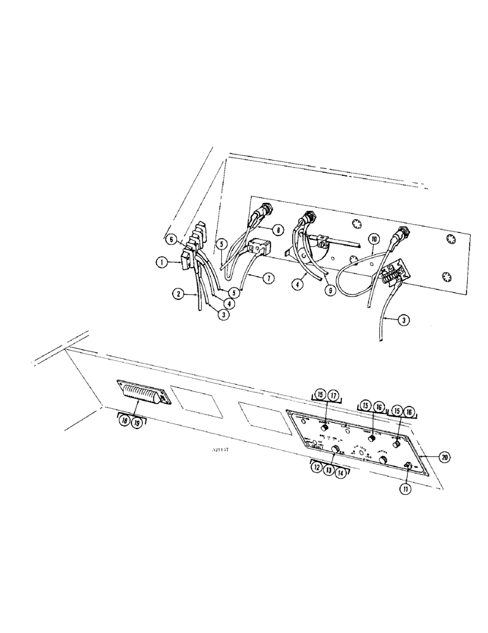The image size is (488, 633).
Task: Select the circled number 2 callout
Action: pyautogui.click(x=180, y=294)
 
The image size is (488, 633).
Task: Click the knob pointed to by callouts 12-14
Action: pyautogui.click(x=336, y=449)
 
